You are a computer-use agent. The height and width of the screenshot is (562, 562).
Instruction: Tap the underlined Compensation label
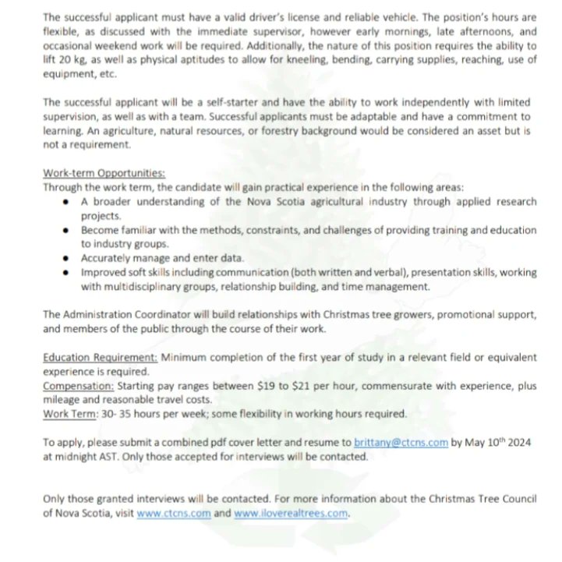(x=77, y=385)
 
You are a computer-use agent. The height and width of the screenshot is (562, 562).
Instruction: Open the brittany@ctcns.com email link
(x=401, y=442)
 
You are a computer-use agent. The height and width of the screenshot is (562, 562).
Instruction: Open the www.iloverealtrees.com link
(x=292, y=514)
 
